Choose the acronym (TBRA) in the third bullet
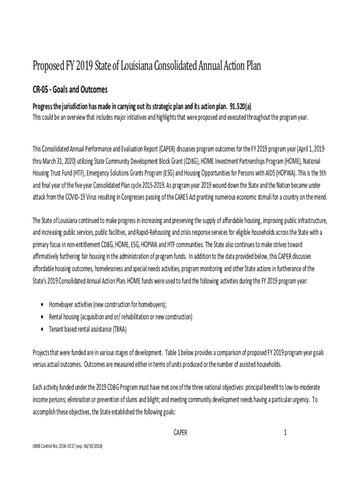(x=116, y=329)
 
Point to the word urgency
(x=297, y=400)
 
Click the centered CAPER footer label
(x=180, y=433)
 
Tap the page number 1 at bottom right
(x=285, y=433)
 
